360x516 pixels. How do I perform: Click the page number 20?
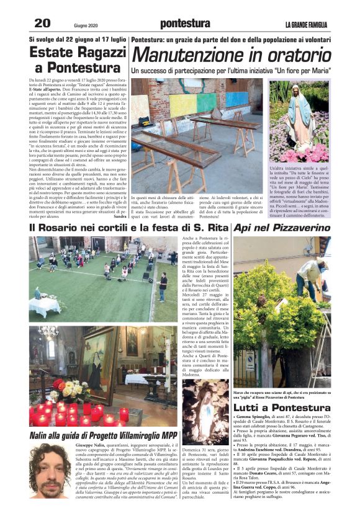[42, 24]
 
